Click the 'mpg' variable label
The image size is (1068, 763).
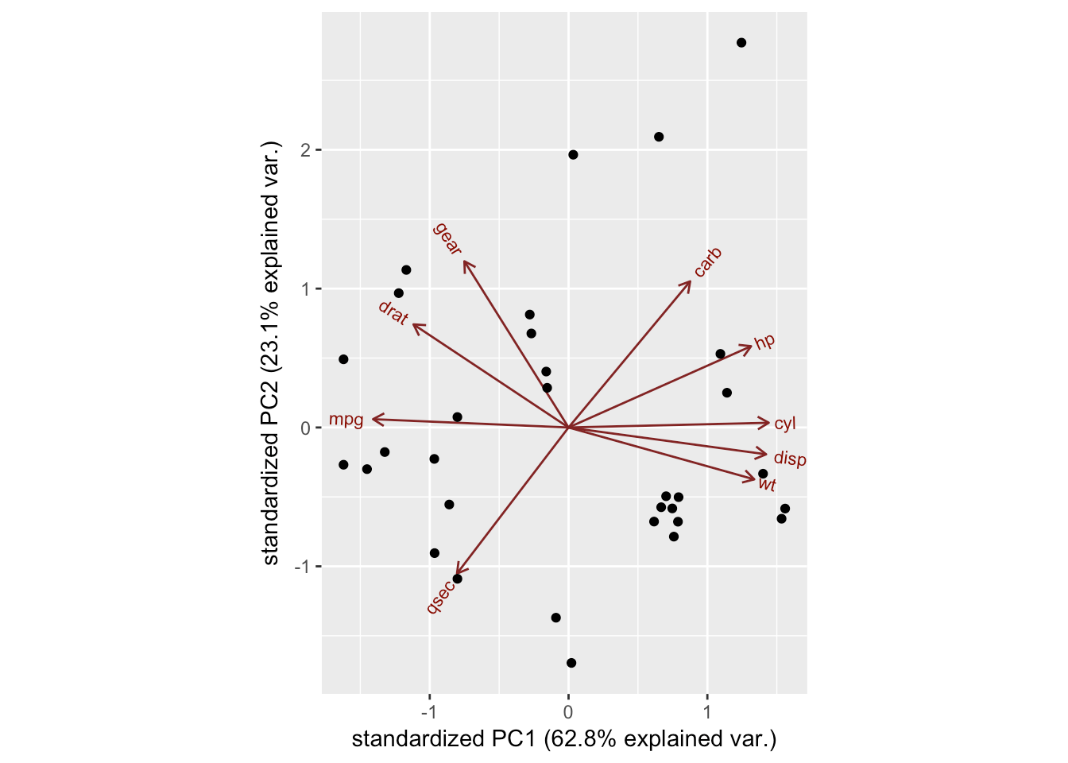click(346, 420)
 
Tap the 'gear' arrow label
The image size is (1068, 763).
click(447, 238)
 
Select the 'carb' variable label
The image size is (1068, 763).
click(707, 262)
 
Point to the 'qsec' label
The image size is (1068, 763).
click(440, 597)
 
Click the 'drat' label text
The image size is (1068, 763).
click(393, 312)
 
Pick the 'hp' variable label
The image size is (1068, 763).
click(764, 342)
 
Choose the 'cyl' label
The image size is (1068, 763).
click(785, 424)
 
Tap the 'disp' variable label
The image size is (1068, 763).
click(790, 459)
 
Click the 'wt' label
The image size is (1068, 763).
click(767, 484)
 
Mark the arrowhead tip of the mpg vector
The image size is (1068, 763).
click(373, 419)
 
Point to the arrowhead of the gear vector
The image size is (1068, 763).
click(464, 261)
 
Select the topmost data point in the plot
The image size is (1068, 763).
click(741, 43)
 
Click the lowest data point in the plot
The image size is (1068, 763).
click(571, 663)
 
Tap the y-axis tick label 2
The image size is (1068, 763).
click(306, 150)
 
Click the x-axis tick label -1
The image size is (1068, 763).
click(429, 710)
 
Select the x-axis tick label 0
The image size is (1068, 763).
click(568, 710)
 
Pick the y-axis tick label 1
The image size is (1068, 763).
click(306, 289)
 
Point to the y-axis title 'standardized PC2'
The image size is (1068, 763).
click(271, 353)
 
